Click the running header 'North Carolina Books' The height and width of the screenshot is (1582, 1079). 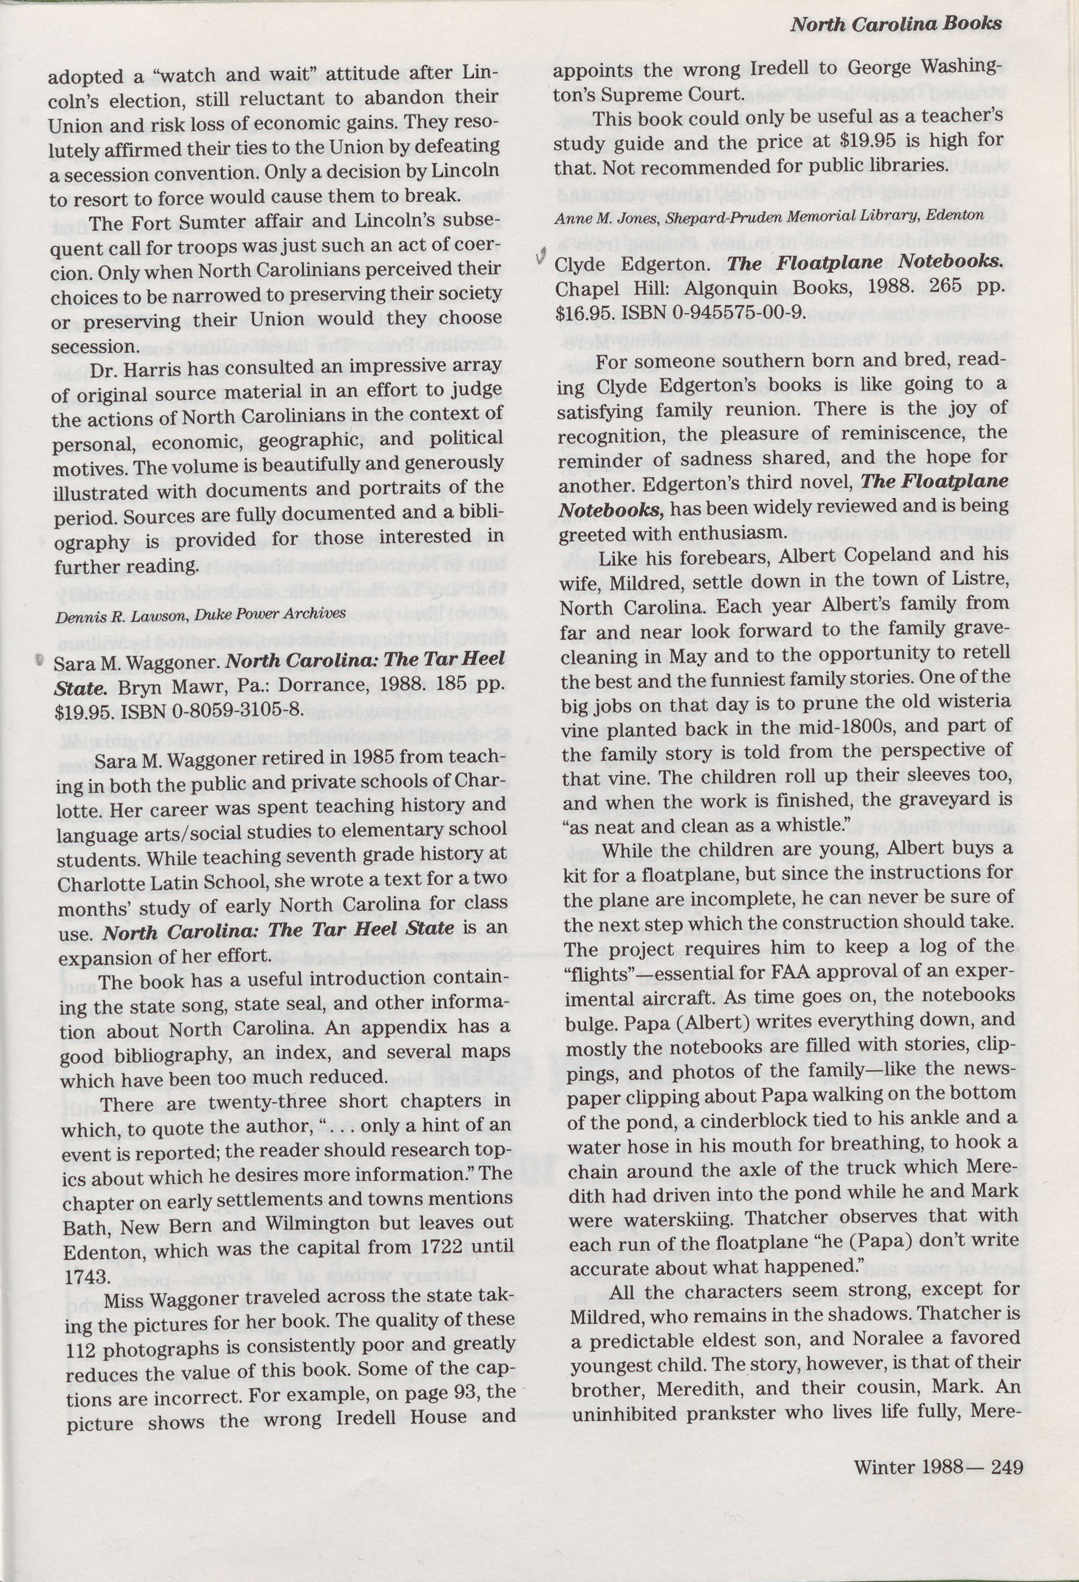pyautogui.click(x=896, y=24)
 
